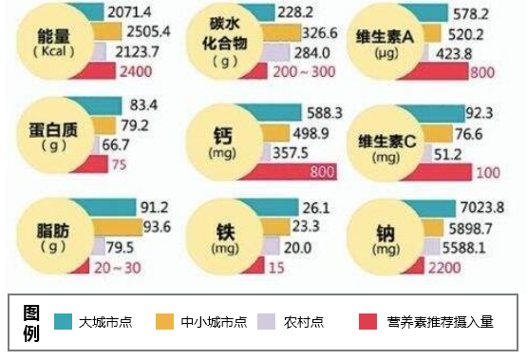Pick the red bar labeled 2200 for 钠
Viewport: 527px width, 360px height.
point(417,269)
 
